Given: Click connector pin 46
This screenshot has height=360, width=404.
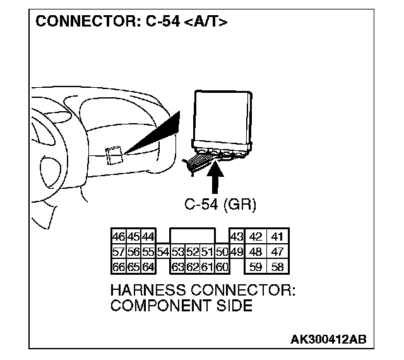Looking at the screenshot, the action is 118,237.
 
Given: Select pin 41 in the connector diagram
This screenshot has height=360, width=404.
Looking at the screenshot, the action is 277,237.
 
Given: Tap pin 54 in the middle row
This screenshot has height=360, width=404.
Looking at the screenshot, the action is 163,251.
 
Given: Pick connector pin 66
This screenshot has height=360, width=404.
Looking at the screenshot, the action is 118,266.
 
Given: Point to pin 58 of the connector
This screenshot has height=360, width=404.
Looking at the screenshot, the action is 277,266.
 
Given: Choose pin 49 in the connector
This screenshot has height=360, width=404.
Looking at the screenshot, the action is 236,251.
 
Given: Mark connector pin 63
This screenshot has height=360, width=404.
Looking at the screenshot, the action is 177,266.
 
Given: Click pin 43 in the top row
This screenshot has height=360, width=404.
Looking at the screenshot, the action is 236,237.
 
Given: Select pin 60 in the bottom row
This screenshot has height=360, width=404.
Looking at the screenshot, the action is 222,266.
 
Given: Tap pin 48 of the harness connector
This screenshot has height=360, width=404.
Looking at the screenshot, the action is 256,251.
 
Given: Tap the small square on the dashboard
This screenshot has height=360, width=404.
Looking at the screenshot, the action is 114,154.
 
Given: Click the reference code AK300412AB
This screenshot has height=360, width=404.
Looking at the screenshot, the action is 328,340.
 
